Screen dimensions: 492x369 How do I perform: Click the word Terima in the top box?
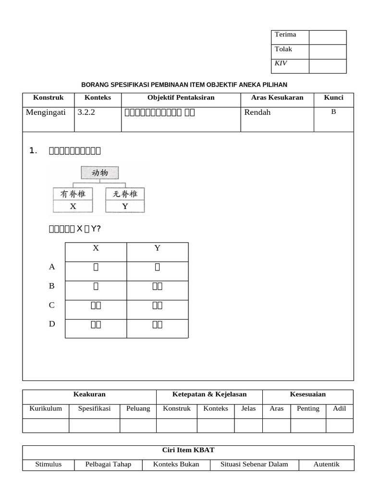(x=285, y=35)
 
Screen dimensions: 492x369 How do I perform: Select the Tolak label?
(x=283, y=49)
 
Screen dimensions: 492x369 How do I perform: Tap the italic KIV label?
(x=281, y=63)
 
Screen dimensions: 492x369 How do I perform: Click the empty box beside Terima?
(x=327, y=37)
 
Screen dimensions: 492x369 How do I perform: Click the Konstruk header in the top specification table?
(x=48, y=98)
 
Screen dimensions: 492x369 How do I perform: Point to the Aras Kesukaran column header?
(x=277, y=98)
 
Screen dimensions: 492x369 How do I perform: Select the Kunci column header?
(x=333, y=98)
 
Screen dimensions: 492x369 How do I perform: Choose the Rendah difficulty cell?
(x=258, y=112)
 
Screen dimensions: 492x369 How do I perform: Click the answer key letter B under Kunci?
(x=333, y=112)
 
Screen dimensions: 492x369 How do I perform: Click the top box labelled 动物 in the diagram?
(x=100, y=173)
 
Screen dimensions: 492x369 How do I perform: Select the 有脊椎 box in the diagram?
(x=73, y=194)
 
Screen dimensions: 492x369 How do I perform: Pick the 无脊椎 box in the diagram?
(x=125, y=194)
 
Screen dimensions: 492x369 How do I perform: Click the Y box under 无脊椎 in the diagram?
(x=125, y=207)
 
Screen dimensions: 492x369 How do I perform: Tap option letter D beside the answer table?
(x=52, y=324)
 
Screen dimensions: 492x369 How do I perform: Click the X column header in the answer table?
(x=96, y=248)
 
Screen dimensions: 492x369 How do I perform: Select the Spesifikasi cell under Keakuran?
(x=95, y=408)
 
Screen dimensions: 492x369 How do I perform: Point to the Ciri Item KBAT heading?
(x=188, y=450)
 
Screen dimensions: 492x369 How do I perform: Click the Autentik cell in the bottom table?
(x=326, y=464)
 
